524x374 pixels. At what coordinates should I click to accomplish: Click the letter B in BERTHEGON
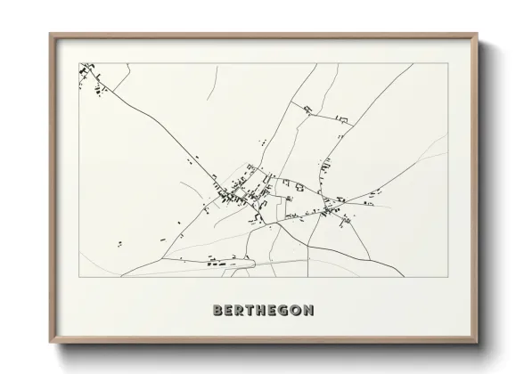pyautogui.click(x=218, y=311)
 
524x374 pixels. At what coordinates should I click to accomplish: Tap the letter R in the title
pyautogui.click(x=242, y=311)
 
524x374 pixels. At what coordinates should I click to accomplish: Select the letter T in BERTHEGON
pyautogui.click(x=255, y=311)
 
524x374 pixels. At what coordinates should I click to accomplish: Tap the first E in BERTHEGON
pyautogui.click(x=230, y=311)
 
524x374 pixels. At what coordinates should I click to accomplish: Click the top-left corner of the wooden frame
pyautogui.click(x=50, y=34)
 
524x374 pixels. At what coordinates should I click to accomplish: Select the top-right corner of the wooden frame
pyautogui.click(x=477, y=34)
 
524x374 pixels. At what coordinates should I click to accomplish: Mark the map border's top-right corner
pyautogui.click(x=447, y=63)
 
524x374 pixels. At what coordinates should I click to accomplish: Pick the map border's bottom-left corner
pyautogui.click(x=79, y=277)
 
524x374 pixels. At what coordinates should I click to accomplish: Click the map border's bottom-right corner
pyautogui.click(x=447, y=277)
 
